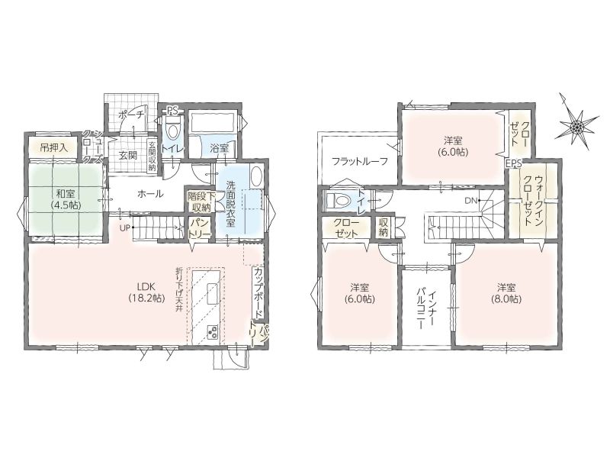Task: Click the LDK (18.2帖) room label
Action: coord(146,292)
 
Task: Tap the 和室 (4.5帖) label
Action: coord(66,198)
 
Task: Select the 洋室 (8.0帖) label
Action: coord(506,293)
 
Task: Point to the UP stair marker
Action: coord(124,228)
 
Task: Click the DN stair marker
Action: coord(470,201)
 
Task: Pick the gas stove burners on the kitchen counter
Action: coord(213,332)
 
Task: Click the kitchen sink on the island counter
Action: coord(213,295)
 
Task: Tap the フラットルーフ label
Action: coord(359,161)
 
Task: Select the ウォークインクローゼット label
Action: coord(533,201)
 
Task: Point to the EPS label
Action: coord(513,164)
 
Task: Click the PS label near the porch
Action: coord(172,111)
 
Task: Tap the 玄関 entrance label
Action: coord(127,156)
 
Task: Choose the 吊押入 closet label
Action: coord(53,147)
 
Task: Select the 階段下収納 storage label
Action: coord(199,202)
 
